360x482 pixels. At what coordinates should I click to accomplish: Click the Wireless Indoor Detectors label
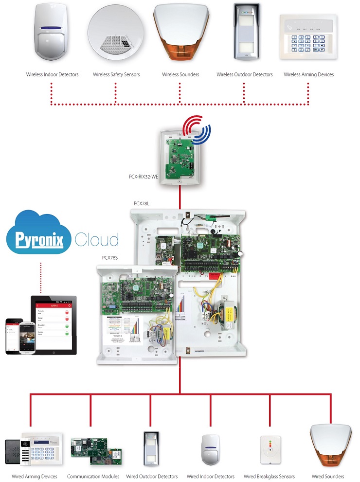52,75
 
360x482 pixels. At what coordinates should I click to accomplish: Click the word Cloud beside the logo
96,240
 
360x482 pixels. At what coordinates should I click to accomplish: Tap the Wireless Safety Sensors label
116,75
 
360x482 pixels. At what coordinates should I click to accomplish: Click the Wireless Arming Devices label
309,75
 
